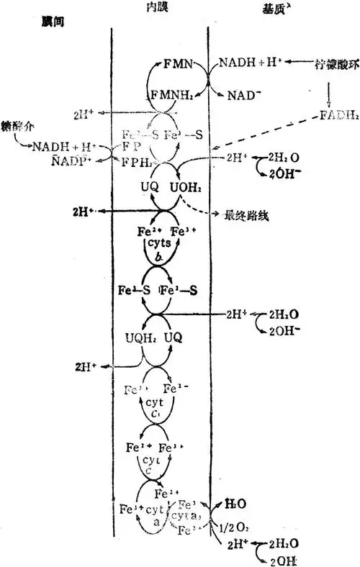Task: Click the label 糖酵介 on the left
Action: [x=15, y=133]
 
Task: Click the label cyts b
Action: [x=158, y=252]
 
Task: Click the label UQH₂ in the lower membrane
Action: [x=138, y=337]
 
